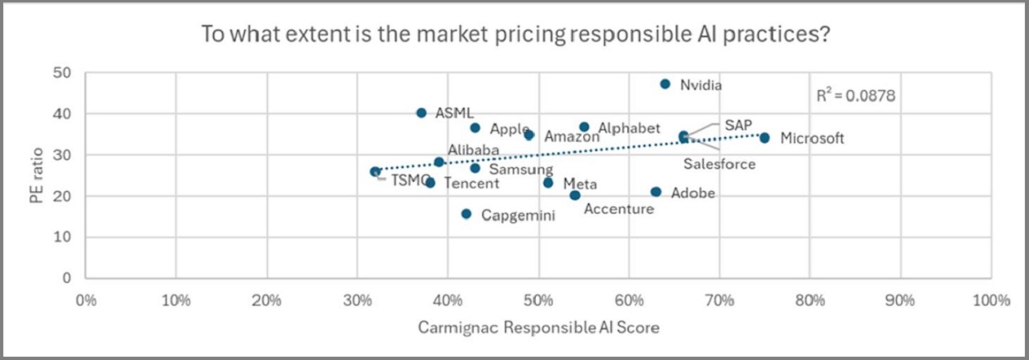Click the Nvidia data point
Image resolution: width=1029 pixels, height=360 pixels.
tap(665, 84)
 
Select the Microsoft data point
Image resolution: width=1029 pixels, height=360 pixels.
tap(764, 138)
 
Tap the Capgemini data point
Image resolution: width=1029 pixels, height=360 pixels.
tap(466, 214)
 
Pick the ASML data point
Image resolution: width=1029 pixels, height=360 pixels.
tap(421, 113)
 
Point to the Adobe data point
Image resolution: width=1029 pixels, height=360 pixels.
tap(656, 192)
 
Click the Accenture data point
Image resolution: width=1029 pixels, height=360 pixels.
tap(575, 195)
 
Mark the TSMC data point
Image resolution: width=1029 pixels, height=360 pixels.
tap(375, 171)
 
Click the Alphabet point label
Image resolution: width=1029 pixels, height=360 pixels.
tap(629, 128)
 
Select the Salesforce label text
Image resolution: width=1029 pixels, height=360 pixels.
tap(719, 164)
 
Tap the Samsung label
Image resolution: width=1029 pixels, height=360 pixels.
tap(521, 169)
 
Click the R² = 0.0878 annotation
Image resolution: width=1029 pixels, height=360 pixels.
tap(856, 96)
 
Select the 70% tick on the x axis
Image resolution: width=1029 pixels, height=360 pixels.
tap(719, 300)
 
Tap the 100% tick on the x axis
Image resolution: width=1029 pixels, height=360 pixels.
tap(991, 300)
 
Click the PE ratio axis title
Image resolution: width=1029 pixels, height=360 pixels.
tap(38, 176)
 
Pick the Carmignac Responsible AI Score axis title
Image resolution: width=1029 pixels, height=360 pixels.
tap(537, 328)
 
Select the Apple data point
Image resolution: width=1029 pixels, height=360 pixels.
tap(475, 128)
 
